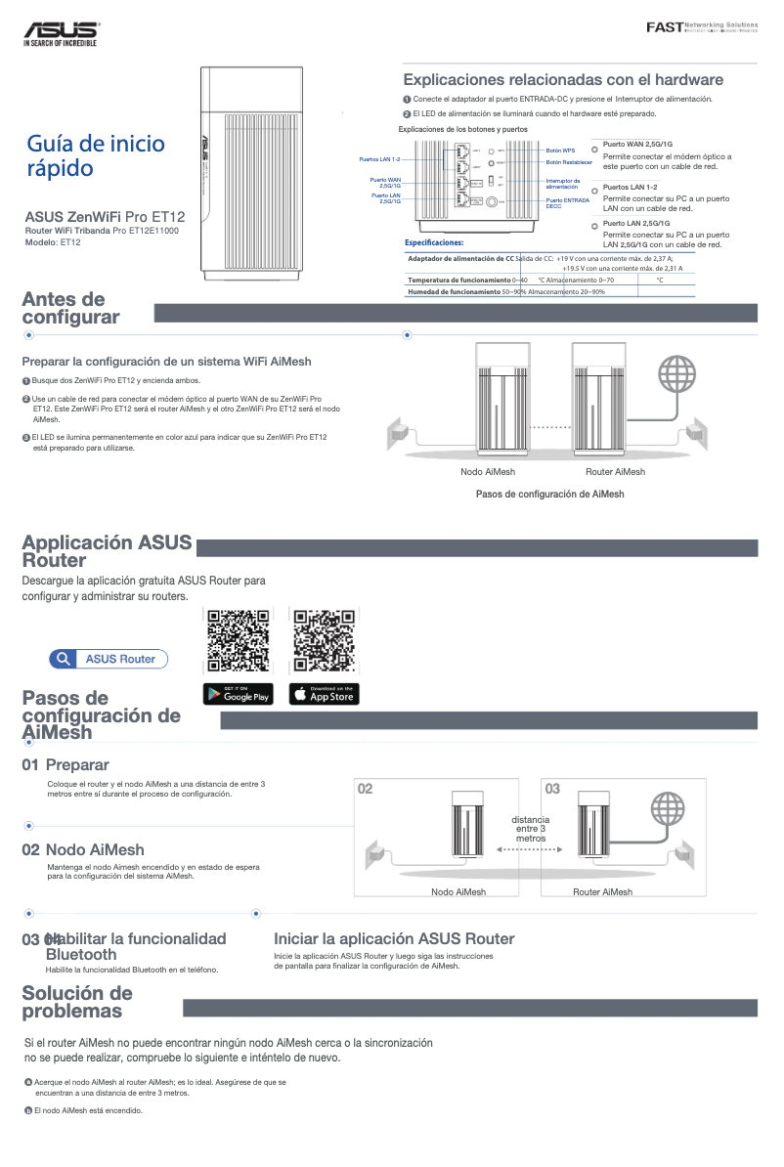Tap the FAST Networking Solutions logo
[x=702, y=26]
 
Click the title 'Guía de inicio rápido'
[x=96, y=156]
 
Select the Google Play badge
[x=238, y=694]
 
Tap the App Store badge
[x=324, y=694]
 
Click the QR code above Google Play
[x=238, y=641]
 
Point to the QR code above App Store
[x=324, y=641]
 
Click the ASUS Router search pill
[x=109, y=659]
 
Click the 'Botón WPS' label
[x=560, y=151]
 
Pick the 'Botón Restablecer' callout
[x=569, y=162]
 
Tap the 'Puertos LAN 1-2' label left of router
[x=379, y=158]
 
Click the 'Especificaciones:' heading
[x=434, y=242]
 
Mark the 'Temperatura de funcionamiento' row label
[x=455, y=280]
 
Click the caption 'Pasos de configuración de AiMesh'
[x=549, y=494]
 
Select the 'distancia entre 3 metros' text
[x=530, y=829]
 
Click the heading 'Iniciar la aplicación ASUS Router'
[x=394, y=938]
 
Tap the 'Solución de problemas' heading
[x=77, y=1002]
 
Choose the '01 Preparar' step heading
[x=65, y=764]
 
